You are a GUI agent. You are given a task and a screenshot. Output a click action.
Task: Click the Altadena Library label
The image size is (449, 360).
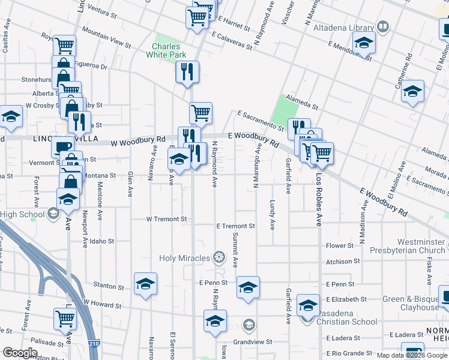(348, 27)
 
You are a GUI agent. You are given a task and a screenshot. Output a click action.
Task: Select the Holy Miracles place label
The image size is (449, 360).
(185, 259)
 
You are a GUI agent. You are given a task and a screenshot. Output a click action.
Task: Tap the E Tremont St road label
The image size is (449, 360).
(236, 226)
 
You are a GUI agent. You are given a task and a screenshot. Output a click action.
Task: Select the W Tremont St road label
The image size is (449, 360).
(167, 219)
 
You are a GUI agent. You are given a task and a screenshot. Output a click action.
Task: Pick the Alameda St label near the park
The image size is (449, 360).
(301, 102)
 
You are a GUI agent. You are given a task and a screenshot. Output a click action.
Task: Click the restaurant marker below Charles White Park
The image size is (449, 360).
(187, 72)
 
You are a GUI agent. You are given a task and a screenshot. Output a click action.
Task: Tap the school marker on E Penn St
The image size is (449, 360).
(248, 288)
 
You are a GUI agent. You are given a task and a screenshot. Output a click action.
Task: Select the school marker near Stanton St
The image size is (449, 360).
(145, 284)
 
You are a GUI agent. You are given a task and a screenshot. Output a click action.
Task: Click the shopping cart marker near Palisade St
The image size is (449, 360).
(65, 319)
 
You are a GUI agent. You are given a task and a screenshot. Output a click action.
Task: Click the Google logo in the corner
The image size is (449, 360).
(20, 352)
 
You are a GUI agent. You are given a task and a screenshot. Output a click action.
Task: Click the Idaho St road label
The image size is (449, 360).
(103, 241)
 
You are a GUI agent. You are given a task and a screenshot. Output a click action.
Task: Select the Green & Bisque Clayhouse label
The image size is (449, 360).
(411, 303)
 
